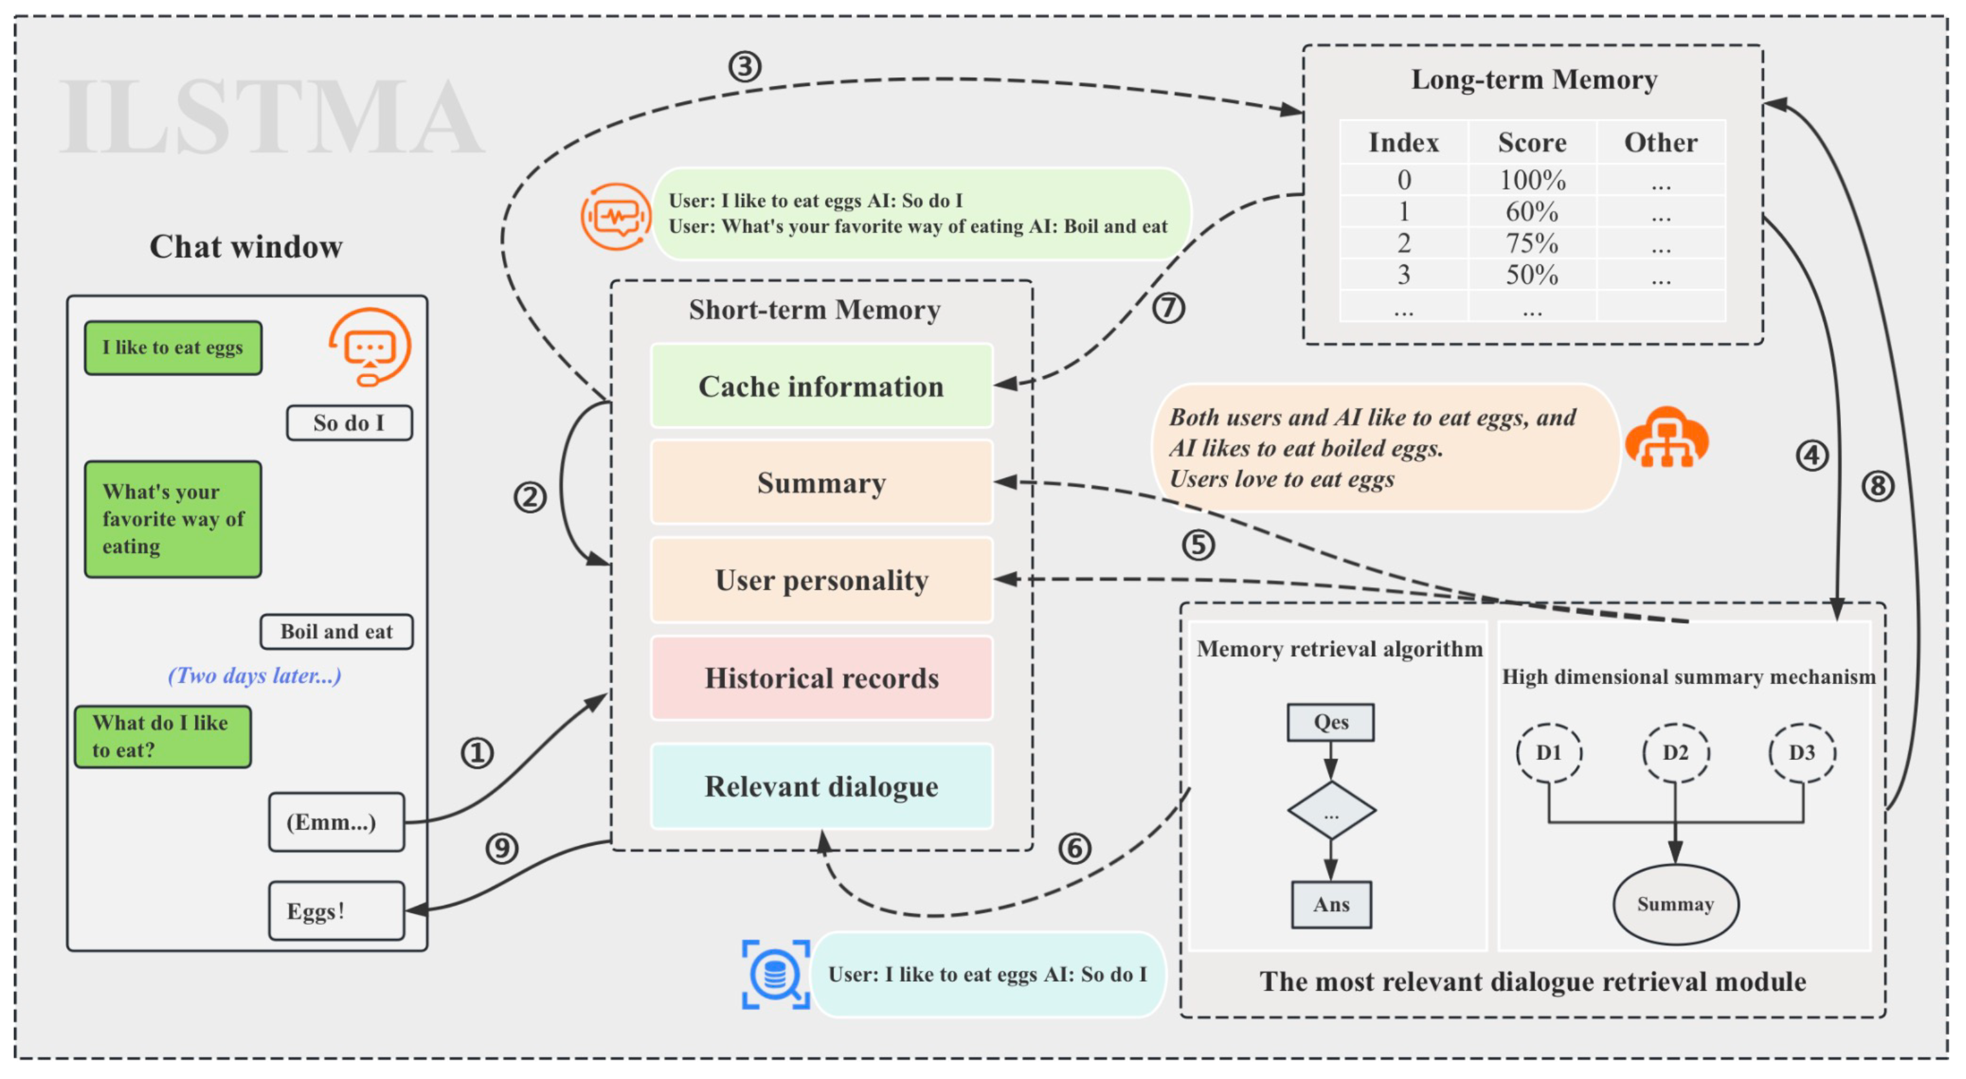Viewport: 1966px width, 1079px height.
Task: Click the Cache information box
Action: [821, 386]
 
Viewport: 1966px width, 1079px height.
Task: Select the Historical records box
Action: [821, 678]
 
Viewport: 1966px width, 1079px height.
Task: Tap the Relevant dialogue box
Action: [821, 786]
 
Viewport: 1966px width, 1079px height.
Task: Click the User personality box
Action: [821, 580]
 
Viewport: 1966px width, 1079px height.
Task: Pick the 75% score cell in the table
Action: [1531, 243]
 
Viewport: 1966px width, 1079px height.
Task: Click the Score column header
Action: [1531, 142]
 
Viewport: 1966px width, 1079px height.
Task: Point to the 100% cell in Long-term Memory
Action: [1531, 180]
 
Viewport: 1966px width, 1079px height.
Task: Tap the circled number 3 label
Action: [744, 67]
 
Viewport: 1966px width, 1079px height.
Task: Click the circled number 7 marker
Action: [1167, 308]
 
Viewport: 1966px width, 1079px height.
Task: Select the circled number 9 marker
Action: [501, 848]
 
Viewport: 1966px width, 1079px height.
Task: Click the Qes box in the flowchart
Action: [1330, 722]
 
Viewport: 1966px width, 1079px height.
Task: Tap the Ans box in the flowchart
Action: [1330, 904]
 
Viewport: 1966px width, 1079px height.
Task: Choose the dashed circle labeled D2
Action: [1674, 753]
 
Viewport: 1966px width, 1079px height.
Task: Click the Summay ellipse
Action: [1674, 904]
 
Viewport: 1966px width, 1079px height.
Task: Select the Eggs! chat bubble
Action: [336, 910]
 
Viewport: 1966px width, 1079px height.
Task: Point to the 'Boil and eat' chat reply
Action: [336, 632]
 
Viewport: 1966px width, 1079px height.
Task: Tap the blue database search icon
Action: [775, 975]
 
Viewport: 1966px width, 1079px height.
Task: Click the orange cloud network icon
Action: [1666, 438]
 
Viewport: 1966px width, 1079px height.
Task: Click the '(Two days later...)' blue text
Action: [254, 675]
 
